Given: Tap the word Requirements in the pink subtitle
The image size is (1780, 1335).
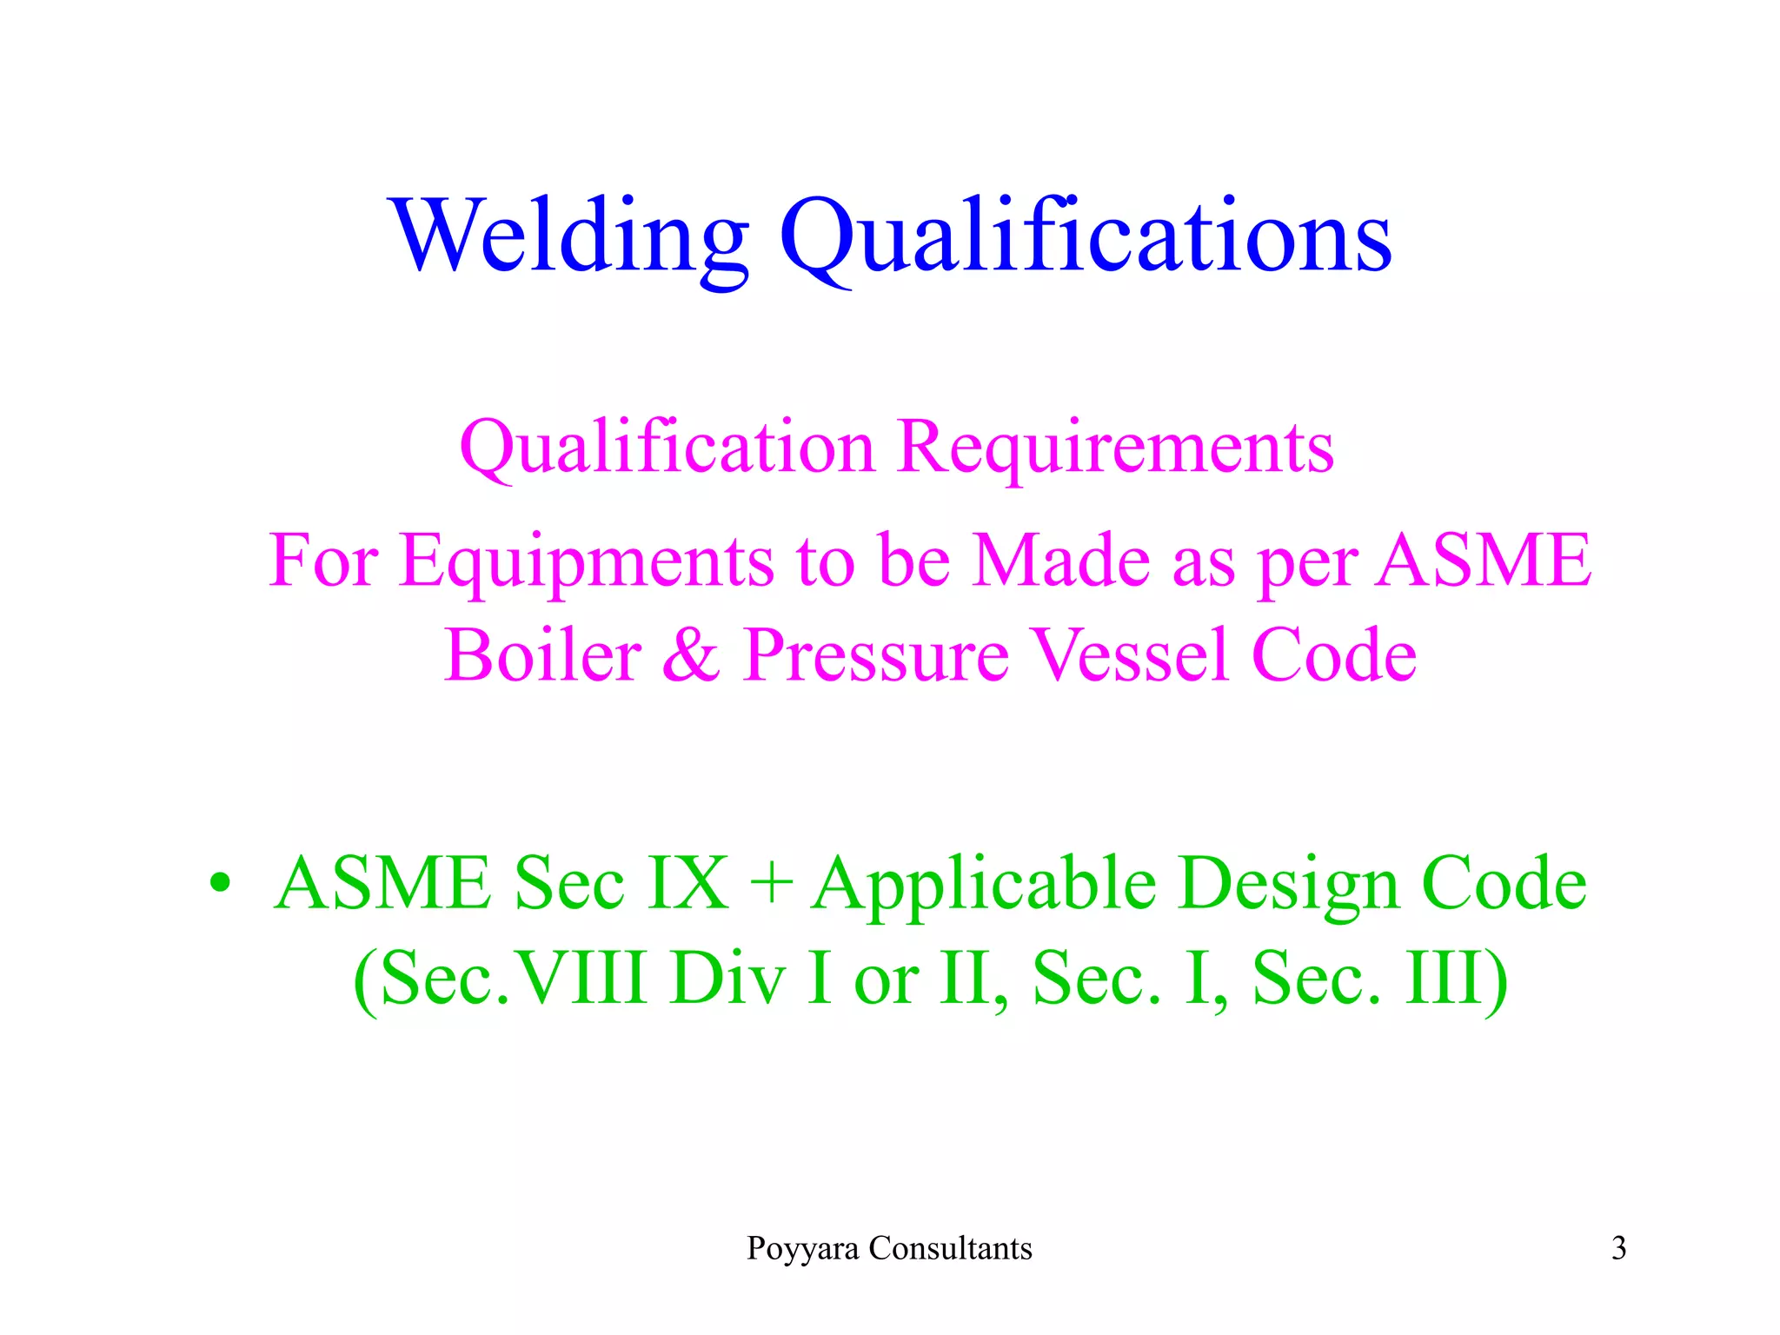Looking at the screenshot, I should click(1116, 448).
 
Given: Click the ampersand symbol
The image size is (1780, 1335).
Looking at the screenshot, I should click(692, 655).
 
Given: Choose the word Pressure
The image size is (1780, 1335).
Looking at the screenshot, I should click(876, 657).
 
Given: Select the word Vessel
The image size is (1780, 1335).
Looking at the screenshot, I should click(1129, 655).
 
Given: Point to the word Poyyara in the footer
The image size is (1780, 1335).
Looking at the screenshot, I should click(803, 1250).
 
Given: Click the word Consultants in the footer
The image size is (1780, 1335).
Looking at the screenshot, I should click(951, 1249).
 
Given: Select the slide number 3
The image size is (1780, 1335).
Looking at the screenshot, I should click(1618, 1249).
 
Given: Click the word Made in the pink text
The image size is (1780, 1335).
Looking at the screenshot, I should click(1061, 561).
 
